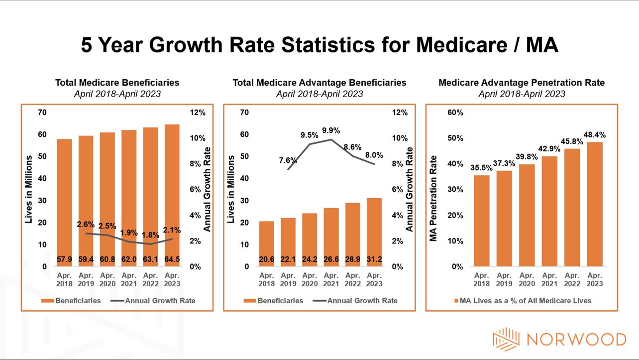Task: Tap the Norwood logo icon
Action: tap(506, 339)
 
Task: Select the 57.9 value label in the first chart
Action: tap(65, 259)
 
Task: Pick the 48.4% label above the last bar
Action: tap(595, 135)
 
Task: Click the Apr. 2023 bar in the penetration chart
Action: tap(595, 204)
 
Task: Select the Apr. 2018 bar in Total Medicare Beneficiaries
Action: tap(65, 199)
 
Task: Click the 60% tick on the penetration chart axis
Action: tap(455, 113)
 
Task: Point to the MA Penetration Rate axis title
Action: tap(433, 198)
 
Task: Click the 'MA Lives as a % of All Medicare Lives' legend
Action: tap(522, 301)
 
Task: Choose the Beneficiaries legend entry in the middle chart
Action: tap(273, 301)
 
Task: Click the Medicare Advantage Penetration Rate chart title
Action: tap(522, 83)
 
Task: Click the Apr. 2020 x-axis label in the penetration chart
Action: tap(527, 279)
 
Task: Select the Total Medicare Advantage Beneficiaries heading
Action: tap(319, 83)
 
